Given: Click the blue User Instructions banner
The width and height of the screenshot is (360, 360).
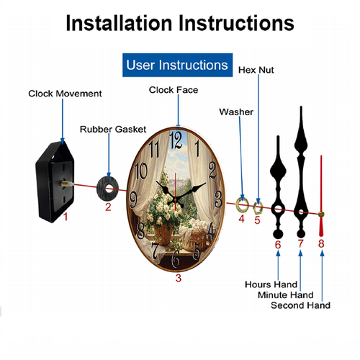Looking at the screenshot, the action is point(177,65).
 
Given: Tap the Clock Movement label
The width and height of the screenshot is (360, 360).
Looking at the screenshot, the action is point(65,94).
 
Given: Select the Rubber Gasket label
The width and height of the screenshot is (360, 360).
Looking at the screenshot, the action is point(113,130).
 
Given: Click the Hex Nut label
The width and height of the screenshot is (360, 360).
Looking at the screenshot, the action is point(256,70).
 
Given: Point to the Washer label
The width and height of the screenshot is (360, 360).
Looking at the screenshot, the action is point(236,112).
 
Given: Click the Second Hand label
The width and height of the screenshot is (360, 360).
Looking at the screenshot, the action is point(300,305).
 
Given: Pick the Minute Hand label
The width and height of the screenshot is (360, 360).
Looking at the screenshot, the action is point(286,295).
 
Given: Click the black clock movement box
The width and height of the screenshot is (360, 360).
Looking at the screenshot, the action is point(55,182).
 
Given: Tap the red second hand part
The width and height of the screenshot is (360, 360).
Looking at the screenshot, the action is point(321,196).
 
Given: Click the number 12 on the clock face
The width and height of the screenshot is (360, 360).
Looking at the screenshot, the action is point(176,140).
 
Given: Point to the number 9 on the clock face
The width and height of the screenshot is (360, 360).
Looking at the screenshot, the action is point(133,199).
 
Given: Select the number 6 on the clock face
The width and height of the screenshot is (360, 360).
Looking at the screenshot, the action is point(176,258).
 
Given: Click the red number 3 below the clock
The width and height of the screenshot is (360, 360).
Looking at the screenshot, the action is point(179,278).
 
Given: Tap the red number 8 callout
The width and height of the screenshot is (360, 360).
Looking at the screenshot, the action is point(321,243).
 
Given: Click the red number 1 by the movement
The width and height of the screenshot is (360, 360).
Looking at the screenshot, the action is point(66,217).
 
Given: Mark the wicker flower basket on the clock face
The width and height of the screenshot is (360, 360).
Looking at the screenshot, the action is point(163,235).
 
